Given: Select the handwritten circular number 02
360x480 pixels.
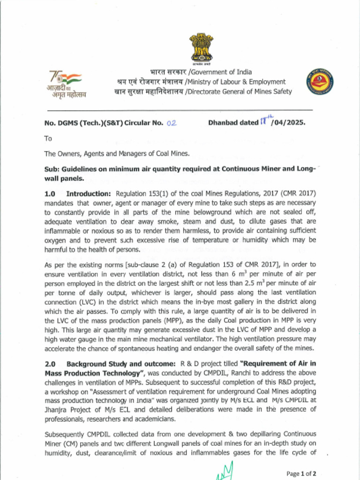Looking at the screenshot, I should click(171, 123).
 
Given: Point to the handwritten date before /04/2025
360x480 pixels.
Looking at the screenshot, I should click(265, 121).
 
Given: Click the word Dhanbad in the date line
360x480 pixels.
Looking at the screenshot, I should click(223, 123).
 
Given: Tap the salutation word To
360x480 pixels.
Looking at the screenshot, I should click(48, 138).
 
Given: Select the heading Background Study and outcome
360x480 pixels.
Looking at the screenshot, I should click(121, 364).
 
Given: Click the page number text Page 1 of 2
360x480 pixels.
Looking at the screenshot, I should click(301, 473).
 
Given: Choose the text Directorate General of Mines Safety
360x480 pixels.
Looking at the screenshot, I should click(240, 91).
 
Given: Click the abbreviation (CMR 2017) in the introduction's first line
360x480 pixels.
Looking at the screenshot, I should click(297, 194).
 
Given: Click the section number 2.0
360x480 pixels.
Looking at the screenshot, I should click(50, 364).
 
